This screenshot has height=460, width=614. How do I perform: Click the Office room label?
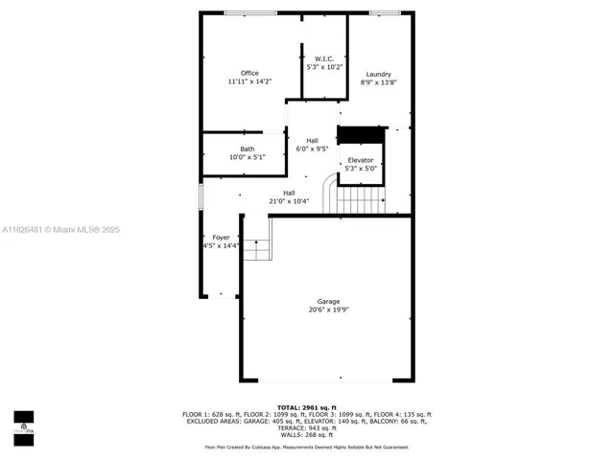tap(249, 74)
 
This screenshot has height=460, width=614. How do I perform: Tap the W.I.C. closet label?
tap(323, 59)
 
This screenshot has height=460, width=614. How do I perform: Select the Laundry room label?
tap(378, 75)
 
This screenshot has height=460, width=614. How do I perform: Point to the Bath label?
tap(248, 149)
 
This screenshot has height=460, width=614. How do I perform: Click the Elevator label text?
tap(361, 160)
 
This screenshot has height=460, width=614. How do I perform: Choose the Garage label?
tap(328, 302)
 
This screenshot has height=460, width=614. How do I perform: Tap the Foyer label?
tap(221, 236)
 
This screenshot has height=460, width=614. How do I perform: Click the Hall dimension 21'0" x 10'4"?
tap(289, 201)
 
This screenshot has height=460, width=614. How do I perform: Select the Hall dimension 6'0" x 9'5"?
tap(312, 149)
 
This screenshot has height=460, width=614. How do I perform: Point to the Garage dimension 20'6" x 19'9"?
tap(328, 310)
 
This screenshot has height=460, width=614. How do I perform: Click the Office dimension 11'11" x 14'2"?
tap(249, 82)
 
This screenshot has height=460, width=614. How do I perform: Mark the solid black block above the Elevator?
tap(361, 134)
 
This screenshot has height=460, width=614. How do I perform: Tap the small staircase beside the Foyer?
tap(256, 249)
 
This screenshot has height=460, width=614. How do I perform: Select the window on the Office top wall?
tap(250, 12)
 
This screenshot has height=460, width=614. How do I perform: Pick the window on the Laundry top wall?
tap(385, 12)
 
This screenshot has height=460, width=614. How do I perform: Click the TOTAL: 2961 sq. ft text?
tap(307, 406)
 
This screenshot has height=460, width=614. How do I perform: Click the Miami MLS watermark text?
tap(59, 230)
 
